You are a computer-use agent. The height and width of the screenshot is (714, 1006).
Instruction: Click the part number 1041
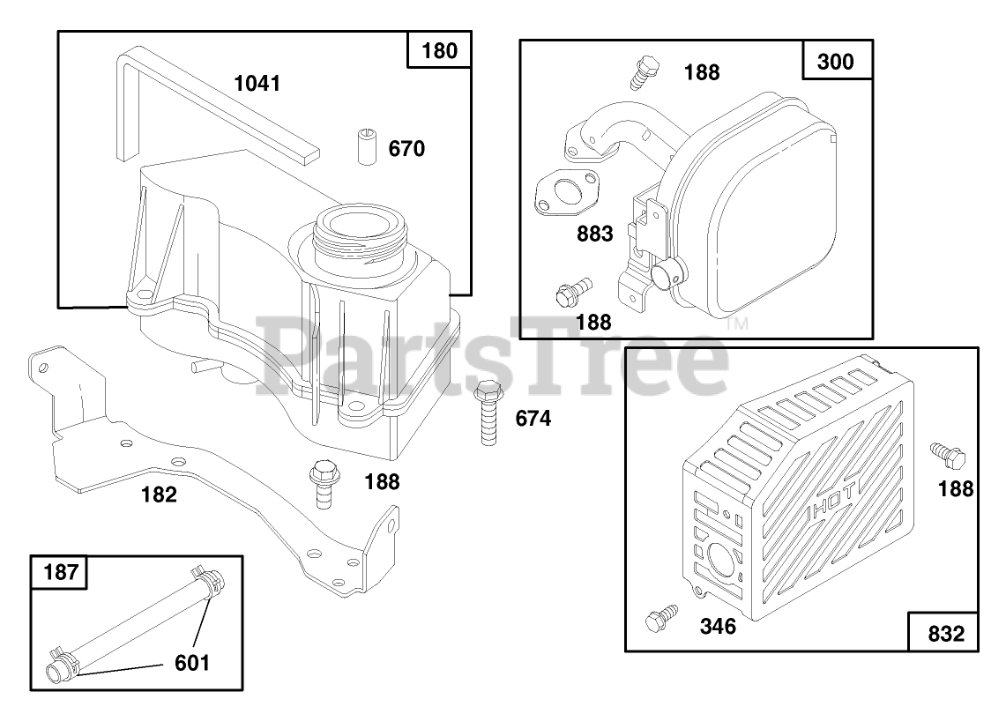pos(257,84)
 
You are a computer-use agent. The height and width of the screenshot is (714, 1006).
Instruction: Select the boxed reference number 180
pos(439,50)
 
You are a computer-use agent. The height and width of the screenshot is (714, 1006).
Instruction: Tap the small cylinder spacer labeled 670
pos(367,147)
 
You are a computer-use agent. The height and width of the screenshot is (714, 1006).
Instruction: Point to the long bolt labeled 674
pos(488,413)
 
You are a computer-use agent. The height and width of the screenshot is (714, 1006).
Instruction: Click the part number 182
pos(159,495)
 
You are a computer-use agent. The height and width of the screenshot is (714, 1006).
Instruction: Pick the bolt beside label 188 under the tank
pos(324,483)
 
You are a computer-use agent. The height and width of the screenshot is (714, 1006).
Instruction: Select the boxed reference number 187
pos(61,571)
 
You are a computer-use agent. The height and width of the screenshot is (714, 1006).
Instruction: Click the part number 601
pos(192,663)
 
